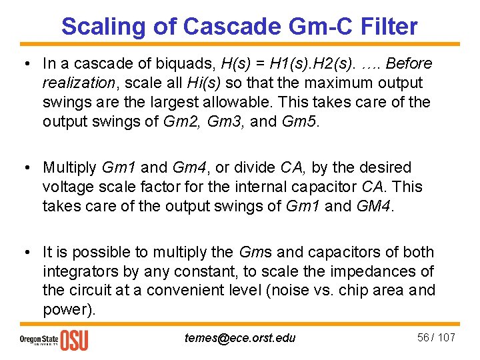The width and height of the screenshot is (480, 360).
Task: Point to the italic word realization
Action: [76, 83]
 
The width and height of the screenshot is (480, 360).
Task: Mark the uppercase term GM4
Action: [375, 206]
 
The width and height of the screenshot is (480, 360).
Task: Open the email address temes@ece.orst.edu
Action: [240, 338]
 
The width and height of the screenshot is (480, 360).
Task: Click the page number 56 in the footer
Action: [423, 337]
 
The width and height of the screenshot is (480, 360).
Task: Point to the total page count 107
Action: [447, 337]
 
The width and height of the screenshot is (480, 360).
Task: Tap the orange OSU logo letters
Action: [74, 339]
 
